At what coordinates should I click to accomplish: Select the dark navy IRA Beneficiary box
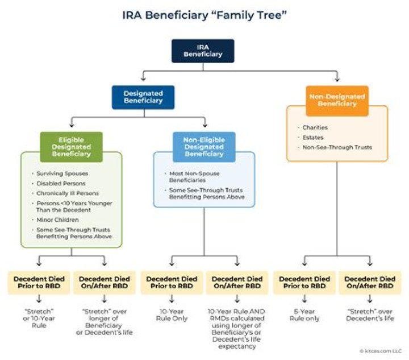(203, 51)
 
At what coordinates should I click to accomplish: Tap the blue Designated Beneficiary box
(144, 97)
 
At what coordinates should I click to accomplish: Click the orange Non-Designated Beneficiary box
(337, 100)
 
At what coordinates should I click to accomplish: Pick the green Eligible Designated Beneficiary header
(71, 146)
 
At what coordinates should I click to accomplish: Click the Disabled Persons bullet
(61, 183)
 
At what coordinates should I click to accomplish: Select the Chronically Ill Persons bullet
(66, 194)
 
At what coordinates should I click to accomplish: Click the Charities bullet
(315, 127)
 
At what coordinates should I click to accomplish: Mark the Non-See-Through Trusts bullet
(337, 147)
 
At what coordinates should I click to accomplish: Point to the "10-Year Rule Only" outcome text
(170, 315)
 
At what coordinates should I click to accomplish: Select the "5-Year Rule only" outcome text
(304, 315)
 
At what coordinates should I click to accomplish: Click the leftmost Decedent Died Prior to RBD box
(38, 283)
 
